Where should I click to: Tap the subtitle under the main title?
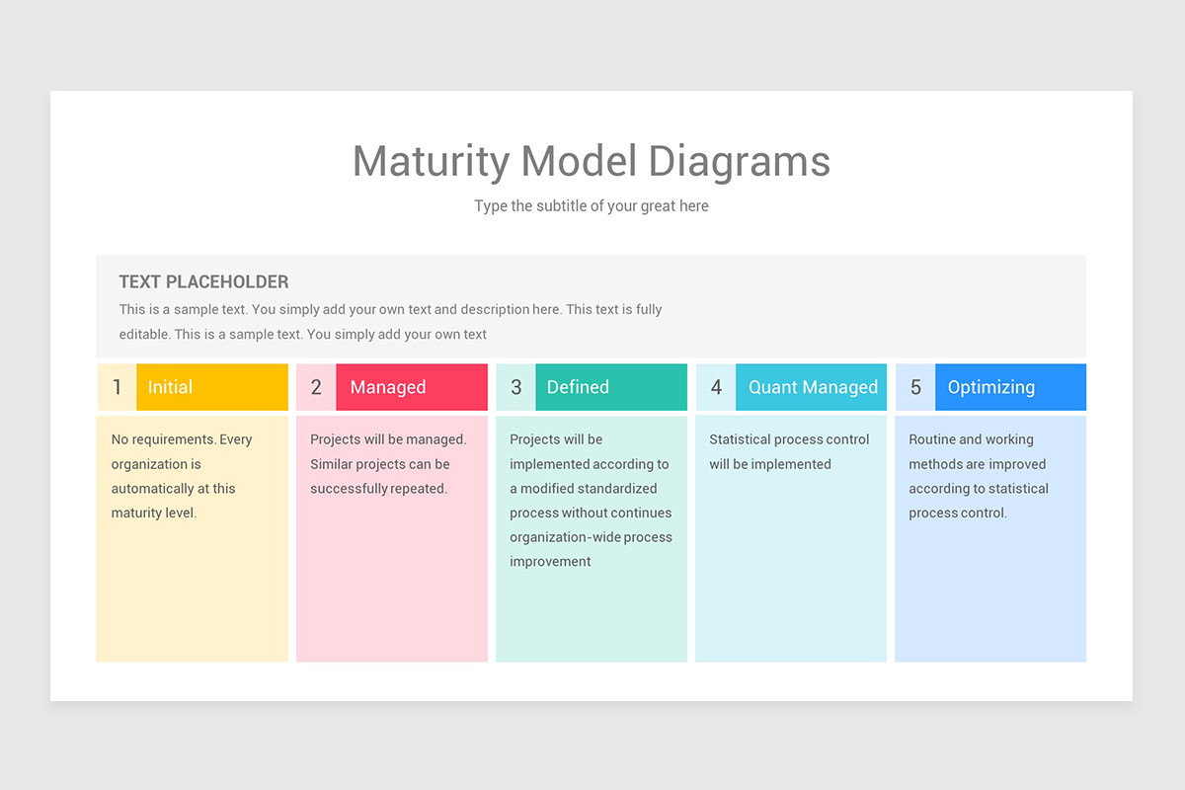point(591,206)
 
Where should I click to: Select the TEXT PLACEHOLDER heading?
point(203,281)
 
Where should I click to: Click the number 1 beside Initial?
point(117,387)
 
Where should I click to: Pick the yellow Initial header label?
point(211,387)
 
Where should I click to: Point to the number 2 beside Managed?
point(316,387)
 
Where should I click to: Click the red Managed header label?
point(411,387)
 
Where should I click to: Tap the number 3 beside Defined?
point(515,387)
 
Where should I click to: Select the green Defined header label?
point(610,387)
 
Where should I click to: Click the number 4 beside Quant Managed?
point(716,387)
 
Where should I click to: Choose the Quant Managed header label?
point(812,387)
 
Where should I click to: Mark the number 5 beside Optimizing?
point(915,387)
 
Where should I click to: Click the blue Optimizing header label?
point(1009,387)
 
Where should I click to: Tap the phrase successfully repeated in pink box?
point(378,488)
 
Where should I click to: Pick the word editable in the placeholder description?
point(143,334)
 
